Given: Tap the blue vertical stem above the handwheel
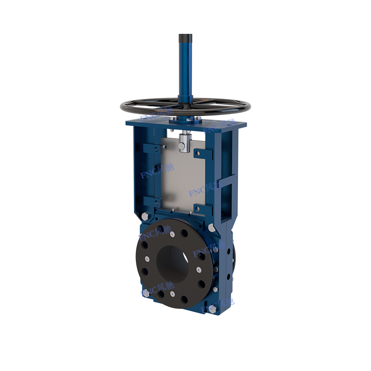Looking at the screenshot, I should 186,70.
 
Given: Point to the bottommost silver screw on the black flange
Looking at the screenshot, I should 172,294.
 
